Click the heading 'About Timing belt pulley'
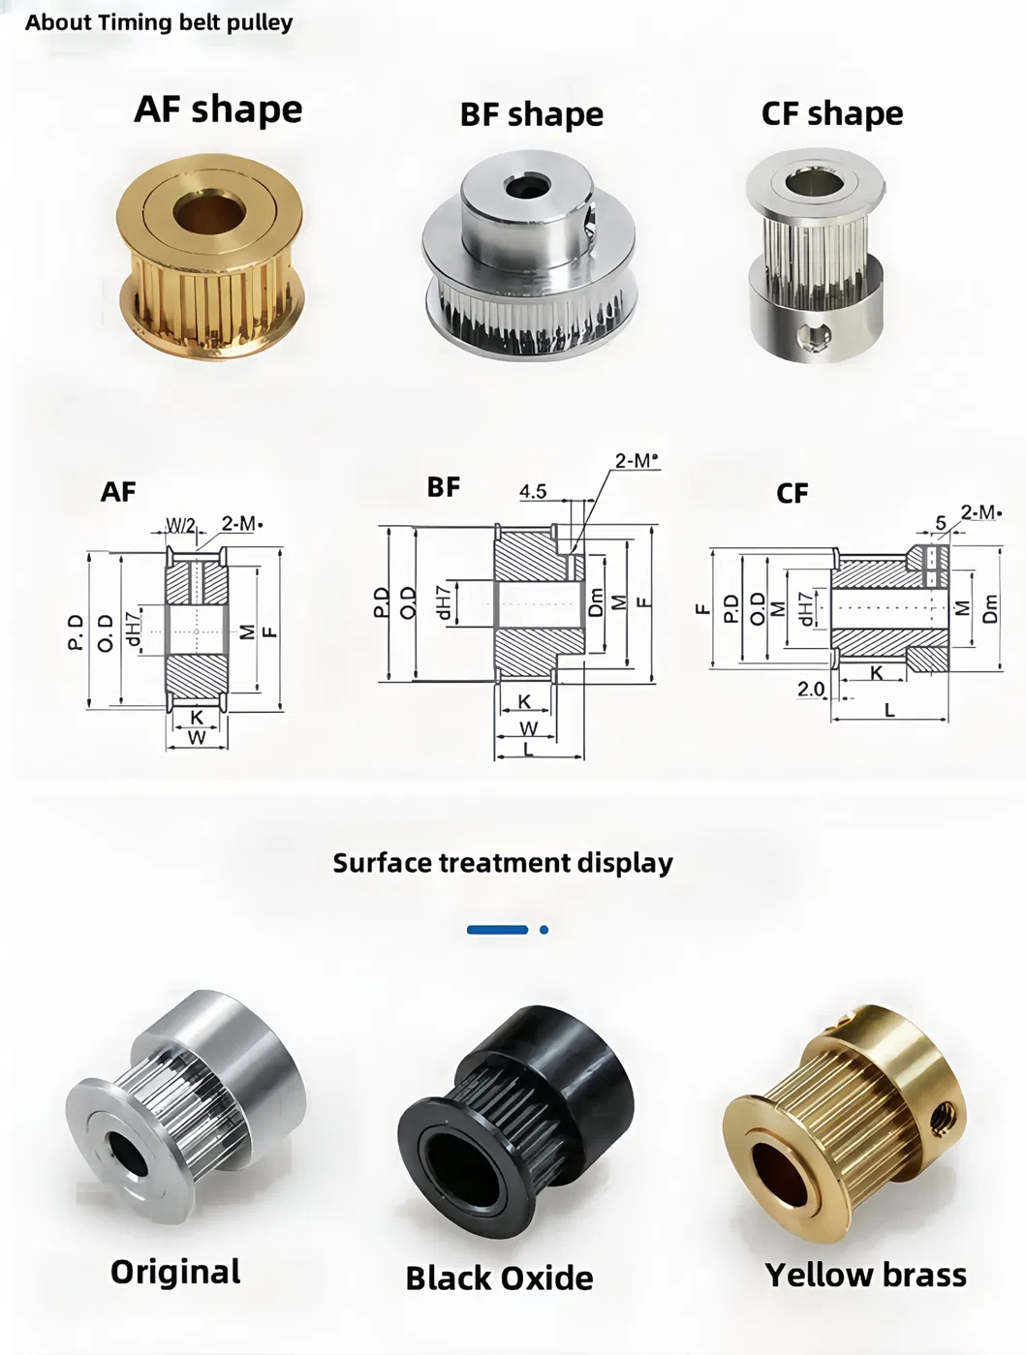tap(159, 22)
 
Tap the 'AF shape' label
tap(218, 108)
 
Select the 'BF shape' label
tap(531, 114)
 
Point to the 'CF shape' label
tap(831, 113)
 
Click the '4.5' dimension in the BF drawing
tap(532, 491)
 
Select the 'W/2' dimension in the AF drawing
tap(180, 525)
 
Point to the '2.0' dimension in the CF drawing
tap(811, 689)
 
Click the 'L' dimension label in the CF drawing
tap(889, 710)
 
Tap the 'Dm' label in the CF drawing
tap(989, 608)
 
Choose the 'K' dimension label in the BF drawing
tap(524, 701)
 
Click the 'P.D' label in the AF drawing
tap(77, 631)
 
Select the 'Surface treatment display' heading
tap(502, 862)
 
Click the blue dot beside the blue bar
tap(544, 930)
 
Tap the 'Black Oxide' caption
tap(499, 1278)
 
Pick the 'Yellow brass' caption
tap(865, 1275)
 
